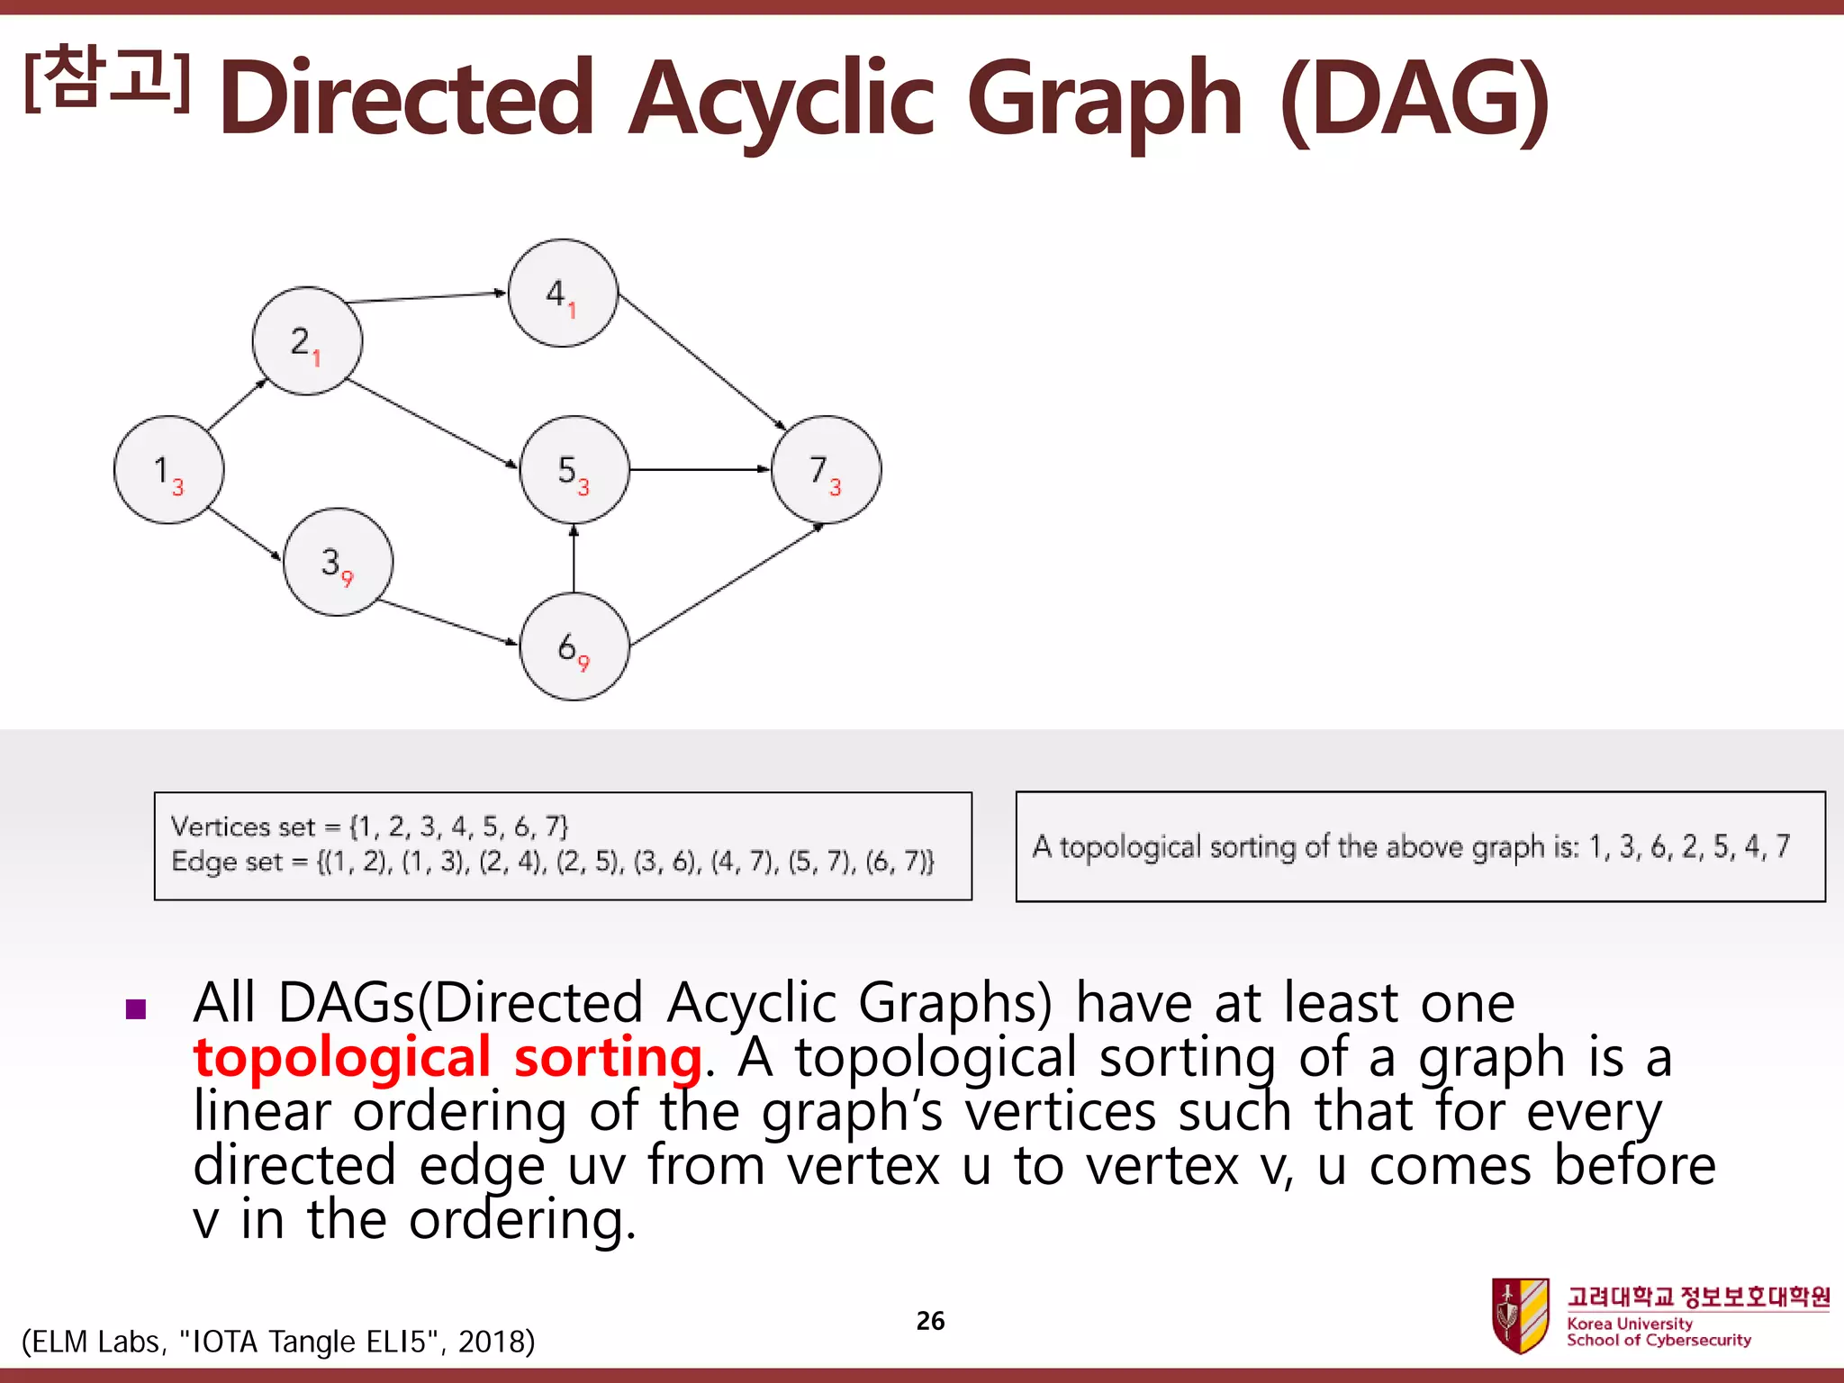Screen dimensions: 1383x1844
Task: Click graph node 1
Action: (x=168, y=469)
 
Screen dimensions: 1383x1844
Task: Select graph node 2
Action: (x=307, y=341)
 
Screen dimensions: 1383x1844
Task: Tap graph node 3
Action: (x=338, y=562)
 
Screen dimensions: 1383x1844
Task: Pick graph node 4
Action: (x=563, y=294)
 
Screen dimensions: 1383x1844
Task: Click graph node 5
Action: (x=574, y=469)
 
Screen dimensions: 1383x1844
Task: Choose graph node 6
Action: (x=574, y=646)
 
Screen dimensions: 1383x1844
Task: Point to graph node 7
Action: (x=826, y=469)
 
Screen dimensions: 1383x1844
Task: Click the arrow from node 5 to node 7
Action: (x=700, y=469)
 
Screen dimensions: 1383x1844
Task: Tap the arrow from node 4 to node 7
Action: (x=702, y=361)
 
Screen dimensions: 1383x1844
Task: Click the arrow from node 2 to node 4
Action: (x=426, y=297)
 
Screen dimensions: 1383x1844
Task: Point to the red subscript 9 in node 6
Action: (x=583, y=664)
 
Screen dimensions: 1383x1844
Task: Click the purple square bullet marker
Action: (x=136, y=1008)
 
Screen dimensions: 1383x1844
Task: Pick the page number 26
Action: (x=930, y=1321)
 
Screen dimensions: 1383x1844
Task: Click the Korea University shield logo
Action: (x=1519, y=1315)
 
